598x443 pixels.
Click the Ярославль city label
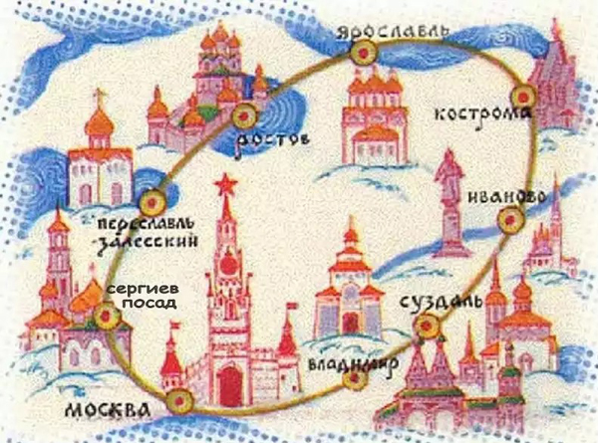click(x=393, y=32)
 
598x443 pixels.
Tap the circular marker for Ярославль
click(x=364, y=53)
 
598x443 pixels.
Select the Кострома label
click(x=482, y=114)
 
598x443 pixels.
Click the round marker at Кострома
click(x=524, y=97)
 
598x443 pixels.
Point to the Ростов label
click(x=272, y=141)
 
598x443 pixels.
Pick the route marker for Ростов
click(x=244, y=115)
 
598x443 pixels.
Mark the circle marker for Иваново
click(x=511, y=219)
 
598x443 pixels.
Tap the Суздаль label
click(x=442, y=301)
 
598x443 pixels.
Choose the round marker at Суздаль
click(x=428, y=326)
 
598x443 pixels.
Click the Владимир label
click(x=353, y=363)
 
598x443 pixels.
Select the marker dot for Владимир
click(x=356, y=377)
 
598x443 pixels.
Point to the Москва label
click(x=109, y=410)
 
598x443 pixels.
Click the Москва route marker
click(x=179, y=401)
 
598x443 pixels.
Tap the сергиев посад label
click(x=142, y=296)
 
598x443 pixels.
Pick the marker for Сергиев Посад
click(x=107, y=316)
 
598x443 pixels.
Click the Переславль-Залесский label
click(x=148, y=233)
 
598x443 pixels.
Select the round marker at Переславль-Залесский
click(x=152, y=202)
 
